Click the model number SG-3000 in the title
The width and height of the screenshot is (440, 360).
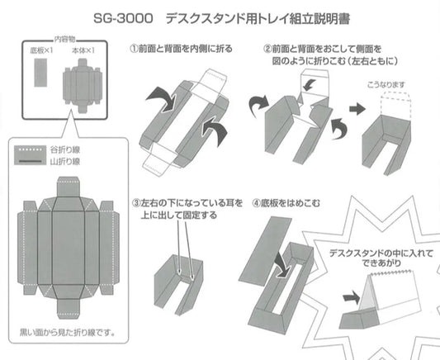coord(123,19)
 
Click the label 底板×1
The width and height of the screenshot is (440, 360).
coord(41,50)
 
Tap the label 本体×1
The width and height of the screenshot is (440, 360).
coord(83,50)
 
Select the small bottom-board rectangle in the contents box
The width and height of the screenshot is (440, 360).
coord(40,73)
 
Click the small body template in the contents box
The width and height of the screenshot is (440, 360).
coord(83,86)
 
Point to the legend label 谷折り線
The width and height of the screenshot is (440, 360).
coord(65,149)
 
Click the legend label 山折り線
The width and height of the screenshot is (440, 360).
coord(65,162)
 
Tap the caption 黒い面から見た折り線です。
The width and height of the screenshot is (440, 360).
coord(68,333)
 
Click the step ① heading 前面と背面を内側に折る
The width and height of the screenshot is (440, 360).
coord(186,49)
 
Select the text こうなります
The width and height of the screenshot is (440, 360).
coord(386,85)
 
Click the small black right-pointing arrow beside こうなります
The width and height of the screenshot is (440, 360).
coord(357,109)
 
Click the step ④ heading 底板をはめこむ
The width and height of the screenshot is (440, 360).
coord(290,203)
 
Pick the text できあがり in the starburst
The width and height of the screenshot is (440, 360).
coord(381,263)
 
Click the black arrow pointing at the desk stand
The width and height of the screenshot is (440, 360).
coord(351,297)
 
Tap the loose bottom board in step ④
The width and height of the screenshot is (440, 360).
coord(265,251)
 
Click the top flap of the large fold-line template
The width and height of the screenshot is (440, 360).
coord(69,187)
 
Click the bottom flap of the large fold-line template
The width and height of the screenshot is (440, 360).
coord(69,309)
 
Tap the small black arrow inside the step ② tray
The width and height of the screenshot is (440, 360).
coord(310,85)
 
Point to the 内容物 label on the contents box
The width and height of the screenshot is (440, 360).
coord(64,40)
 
